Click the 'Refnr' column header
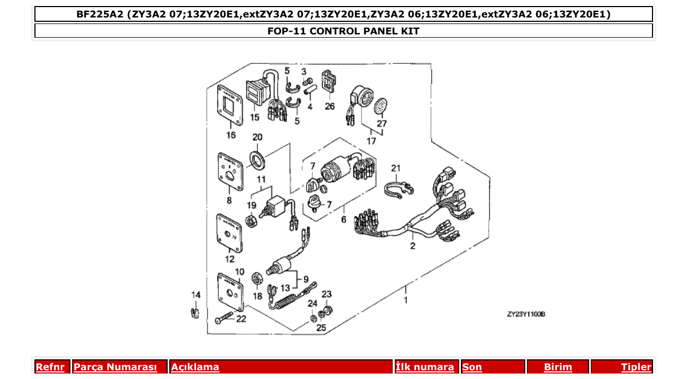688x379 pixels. click(x=50, y=367)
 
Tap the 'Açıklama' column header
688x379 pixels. click(x=195, y=367)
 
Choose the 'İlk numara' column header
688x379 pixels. click(x=425, y=367)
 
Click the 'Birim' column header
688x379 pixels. click(x=557, y=367)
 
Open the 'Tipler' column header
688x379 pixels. click(x=636, y=367)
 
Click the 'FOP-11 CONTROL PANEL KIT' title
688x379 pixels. click(x=343, y=31)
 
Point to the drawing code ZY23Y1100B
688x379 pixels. click(x=526, y=314)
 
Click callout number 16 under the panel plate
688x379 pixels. click(x=231, y=135)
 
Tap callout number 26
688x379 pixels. click(x=329, y=106)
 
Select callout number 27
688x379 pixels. click(x=382, y=123)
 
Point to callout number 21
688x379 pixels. click(x=396, y=168)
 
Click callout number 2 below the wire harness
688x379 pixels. click(x=413, y=246)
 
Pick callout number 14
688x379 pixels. click(x=195, y=295)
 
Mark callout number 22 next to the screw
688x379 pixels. click(x=241, y=318)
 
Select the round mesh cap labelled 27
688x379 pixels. click(x=381, y=106)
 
